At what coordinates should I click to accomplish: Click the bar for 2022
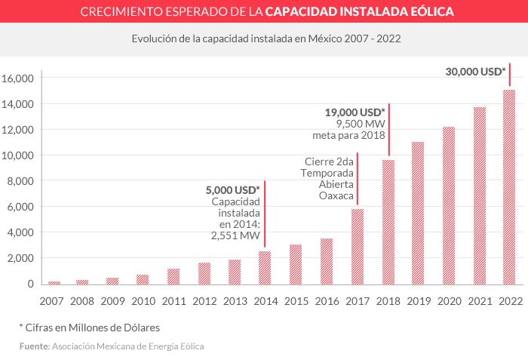click(x=509, y=187)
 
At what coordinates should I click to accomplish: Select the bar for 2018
click(x=388, y=222)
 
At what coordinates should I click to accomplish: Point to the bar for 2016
click(x=326, y=261)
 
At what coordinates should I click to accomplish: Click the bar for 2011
click(x=173, y=276)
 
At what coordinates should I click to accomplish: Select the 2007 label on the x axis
click(x=51, y=300)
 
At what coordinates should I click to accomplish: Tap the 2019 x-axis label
click(x=418, y=300)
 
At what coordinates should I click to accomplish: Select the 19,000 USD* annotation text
click(x=355, y=112)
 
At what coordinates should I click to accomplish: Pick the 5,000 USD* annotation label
click(x=232, y=189)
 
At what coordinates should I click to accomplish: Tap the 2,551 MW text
click(x=235, y=235)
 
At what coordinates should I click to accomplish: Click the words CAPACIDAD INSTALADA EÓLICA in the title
click(x=360, y=12)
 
